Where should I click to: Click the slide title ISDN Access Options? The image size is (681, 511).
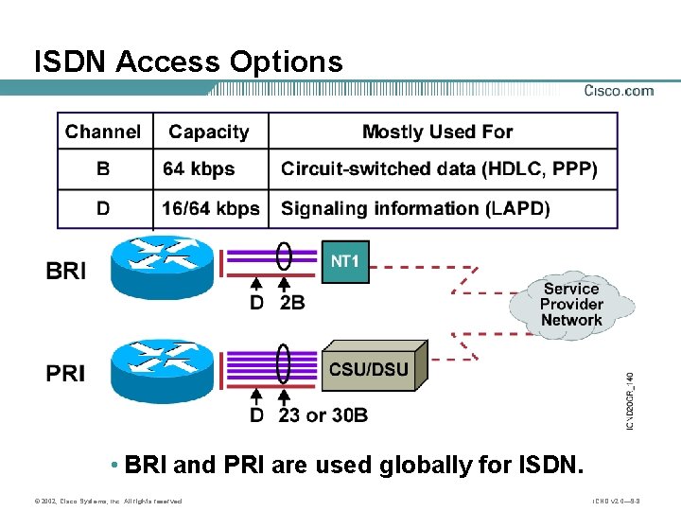(x=188, y=62)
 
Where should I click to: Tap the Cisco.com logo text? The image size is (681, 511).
(x=619, y=91)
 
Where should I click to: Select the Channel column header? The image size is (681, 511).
(x=103, y=132)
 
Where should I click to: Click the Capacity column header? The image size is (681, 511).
(x=209, y=132)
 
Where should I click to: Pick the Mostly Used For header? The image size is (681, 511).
(x=437, y=132)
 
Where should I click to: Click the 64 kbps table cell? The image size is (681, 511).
(x=199, y=169)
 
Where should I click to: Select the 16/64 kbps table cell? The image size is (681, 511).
(x=211, y=208)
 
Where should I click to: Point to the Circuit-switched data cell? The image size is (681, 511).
(x=439, y=169)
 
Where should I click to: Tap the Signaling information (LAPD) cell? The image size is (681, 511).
(x=415, y=208)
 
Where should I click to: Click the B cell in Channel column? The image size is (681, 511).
(x=103, y=169)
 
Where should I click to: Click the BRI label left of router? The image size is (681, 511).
(x=66, y=272)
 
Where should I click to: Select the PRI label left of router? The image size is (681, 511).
(x=66, y=374)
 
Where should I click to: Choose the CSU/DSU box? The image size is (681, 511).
(x=370, y=369)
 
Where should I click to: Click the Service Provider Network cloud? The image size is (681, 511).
(x=571, y=304)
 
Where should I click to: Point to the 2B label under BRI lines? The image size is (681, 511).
(x=292, y=303)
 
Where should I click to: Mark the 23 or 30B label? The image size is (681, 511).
(x=323, y=414)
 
